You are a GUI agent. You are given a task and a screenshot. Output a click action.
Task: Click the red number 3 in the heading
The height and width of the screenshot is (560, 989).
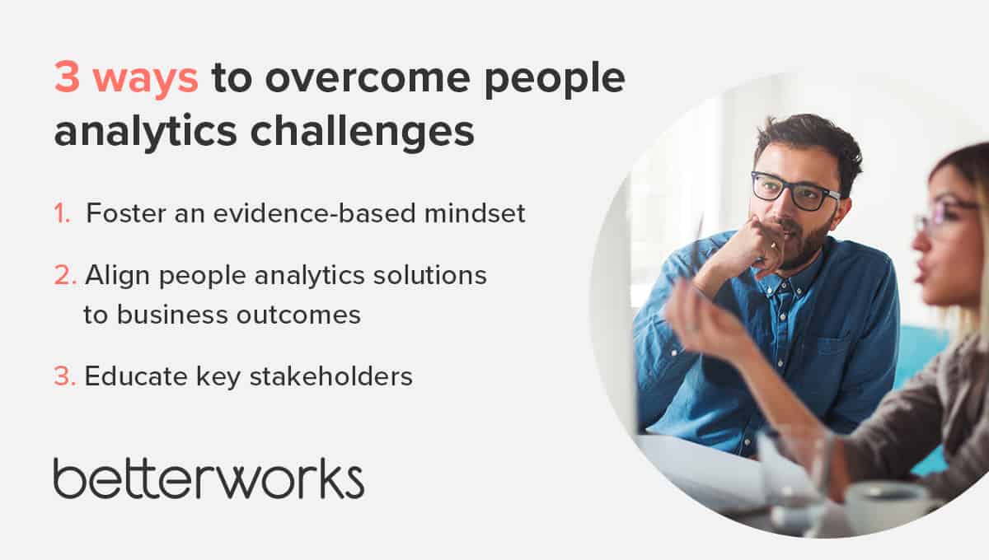(67, 77)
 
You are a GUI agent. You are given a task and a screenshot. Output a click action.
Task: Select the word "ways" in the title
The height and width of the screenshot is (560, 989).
(146, 82)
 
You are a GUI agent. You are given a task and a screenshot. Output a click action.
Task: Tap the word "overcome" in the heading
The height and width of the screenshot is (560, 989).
(368, 78)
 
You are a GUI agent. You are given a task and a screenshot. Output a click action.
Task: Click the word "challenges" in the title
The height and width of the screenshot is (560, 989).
(362, 132)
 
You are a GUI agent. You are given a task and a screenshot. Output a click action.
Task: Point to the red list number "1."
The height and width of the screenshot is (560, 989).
(63, 213)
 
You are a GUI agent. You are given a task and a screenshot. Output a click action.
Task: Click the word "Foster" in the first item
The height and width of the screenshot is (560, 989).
(125, 213)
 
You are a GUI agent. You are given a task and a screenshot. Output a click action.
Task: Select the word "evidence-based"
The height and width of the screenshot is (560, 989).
(314, 213)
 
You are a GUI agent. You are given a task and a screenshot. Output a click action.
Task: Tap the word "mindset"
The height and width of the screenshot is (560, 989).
(475, 213)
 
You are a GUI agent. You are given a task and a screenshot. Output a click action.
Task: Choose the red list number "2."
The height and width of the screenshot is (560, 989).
(65, 275)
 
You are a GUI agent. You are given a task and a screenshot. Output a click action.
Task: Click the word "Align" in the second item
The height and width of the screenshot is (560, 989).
(117, 276)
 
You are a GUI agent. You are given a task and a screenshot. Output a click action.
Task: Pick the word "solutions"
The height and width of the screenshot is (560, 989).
(429, 275)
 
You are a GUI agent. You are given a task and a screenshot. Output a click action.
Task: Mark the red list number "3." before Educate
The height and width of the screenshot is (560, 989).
(65, 376)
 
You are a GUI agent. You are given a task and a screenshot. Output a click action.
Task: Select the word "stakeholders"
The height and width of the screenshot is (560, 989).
(331, 376)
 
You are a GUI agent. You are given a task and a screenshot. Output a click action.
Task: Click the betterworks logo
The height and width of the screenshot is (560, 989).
(209, 478)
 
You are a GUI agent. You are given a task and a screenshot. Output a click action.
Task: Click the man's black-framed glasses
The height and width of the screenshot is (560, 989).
(794, 191)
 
